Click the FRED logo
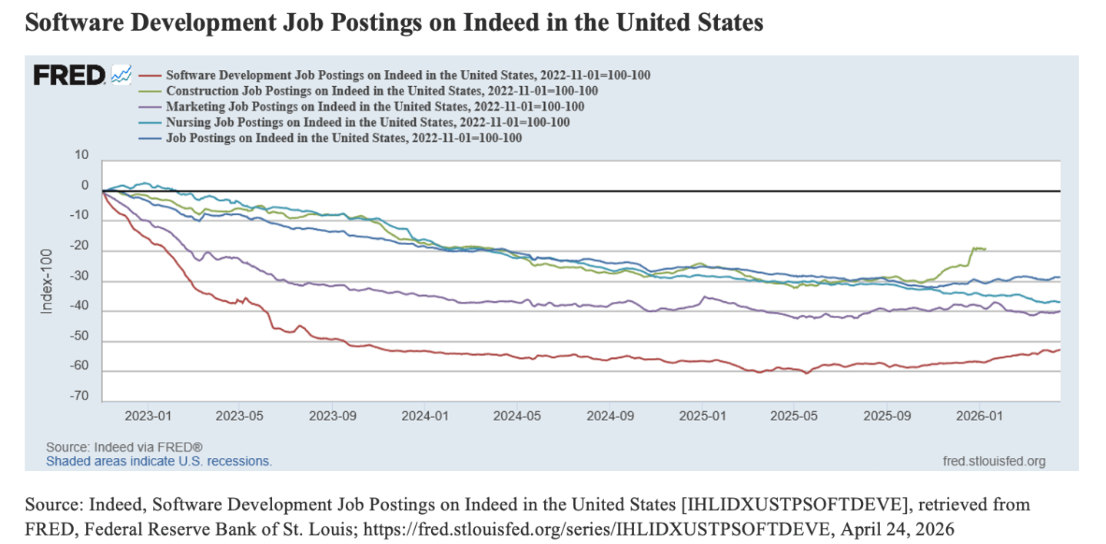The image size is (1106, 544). point(69,75)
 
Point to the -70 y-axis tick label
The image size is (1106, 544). point(78,400)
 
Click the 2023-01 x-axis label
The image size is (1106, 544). point(147,416)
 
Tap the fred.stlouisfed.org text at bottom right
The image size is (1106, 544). point(993,461)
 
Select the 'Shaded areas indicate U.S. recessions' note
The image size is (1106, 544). point(159,461)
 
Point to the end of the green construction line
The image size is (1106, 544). point(986,248)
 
